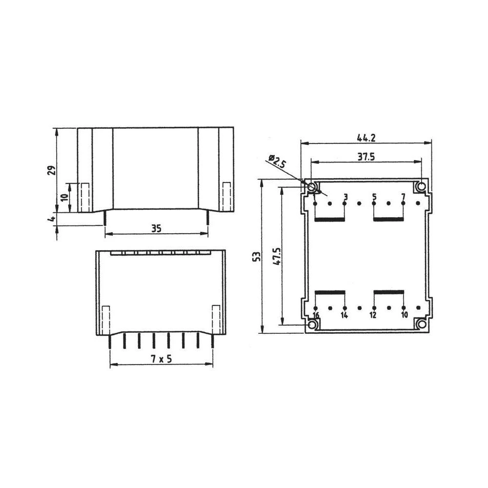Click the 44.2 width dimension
(x=366, y=138)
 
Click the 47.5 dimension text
(x=277, y=256)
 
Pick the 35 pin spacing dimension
(x=156, y=228)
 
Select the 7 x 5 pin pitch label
(x=162, y=359)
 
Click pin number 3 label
(x=346, y=197)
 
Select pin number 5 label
(x=374, y=197)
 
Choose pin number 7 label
(x=403, y=197)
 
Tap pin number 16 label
(x=316, y=316)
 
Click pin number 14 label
(x=345, y=316)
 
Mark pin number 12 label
(x=373, y=316)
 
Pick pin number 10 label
(x=404, y=316)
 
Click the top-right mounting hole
(x=420, y=187)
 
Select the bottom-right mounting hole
(x=420, y=325)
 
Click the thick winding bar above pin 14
(x=330, y=292)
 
